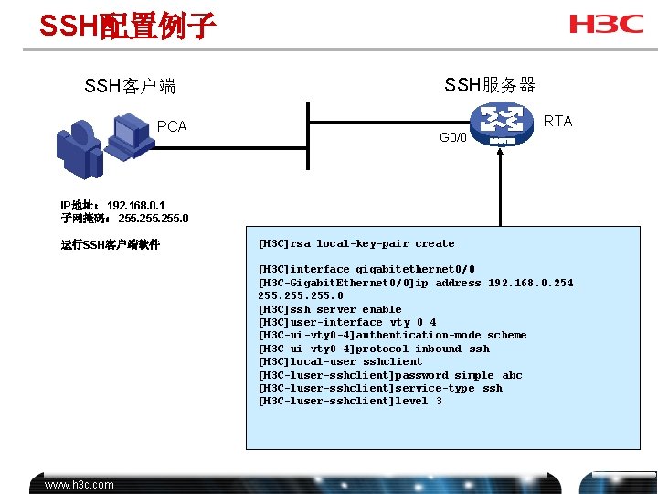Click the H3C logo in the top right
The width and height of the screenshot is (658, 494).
click(606, 23)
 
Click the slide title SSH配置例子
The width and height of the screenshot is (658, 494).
click(127, 26)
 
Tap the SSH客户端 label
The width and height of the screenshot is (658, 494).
click(130, 87)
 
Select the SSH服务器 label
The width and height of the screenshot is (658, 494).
click(490, 85)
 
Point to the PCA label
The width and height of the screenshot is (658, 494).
click(172, 126)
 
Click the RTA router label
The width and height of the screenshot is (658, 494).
click(557, 121)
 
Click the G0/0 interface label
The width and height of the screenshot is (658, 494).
click(452, 138)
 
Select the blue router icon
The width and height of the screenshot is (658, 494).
click(502, 123)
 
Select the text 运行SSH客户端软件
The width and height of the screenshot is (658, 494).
click(111, 244)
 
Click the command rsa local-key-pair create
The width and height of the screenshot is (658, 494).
click(356, 244)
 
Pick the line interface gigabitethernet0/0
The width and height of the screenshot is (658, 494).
click(366, 270)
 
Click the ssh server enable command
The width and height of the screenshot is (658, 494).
click(330, 309)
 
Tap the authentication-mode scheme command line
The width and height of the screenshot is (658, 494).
click(392, 335)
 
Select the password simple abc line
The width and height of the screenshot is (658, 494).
click(390, 375)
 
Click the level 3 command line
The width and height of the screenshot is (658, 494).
click(350, 401)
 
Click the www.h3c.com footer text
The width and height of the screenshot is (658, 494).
click(80, 485)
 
